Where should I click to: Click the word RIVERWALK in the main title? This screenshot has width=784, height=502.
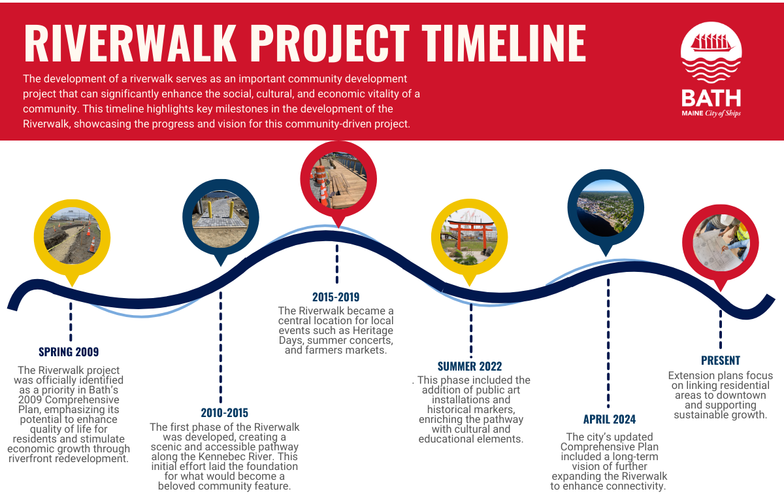click(129, 43)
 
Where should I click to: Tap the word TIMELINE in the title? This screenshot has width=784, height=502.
click(504, 43)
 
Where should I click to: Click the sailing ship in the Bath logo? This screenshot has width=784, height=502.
click(711, 43)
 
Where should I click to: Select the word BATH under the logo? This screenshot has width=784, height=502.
click(711, 98)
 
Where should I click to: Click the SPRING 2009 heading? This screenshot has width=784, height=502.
click(69, 352)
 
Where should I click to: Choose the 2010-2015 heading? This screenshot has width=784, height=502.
click(224, 412)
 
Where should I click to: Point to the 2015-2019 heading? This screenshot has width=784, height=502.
click(336, 297)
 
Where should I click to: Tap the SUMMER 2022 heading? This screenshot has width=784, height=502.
click(470, 366)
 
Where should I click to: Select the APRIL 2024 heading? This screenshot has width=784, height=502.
click(610, 419)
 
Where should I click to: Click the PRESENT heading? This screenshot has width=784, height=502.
click(721, 360)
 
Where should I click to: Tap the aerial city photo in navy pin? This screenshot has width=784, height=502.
click(606, 208)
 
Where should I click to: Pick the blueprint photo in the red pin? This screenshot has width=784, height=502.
click(721, 243)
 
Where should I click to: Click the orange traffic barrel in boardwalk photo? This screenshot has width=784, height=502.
click(320, 175)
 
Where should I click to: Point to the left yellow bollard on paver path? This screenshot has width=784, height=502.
click(210, 209)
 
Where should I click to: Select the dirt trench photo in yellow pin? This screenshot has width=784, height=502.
click(72, 237)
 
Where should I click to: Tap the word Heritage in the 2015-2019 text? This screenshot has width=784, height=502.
click(373, 331)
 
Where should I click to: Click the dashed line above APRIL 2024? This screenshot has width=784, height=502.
click(608, 343)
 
